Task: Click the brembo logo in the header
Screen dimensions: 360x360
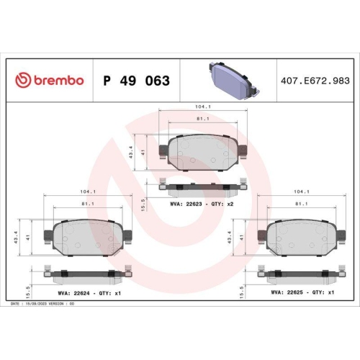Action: [x=50, y=80]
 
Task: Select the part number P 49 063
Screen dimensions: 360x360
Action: [x=136, y=81]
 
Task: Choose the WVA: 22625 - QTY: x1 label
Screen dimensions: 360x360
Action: [x=302, y=293]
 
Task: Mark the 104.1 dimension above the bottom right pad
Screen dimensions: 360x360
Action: [x=302, y=192]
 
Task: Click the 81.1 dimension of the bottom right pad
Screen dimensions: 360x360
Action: [x=302, y=204]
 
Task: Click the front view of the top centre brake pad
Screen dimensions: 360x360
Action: [x=202, y=153]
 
